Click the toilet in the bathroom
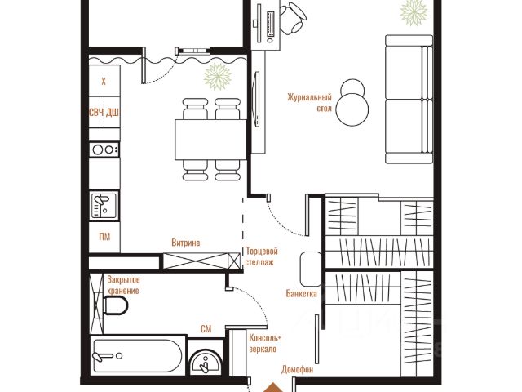tap(115, 305)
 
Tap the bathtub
tap(137, 356)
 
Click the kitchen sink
tap(104, 205)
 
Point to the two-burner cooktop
tap(104, 149)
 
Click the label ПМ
tap(104, 237)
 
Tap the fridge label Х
tap(104, 81)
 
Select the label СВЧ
tap(96, 113)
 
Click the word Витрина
tap(186, 243)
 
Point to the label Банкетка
tap(301, 294)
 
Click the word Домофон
tap(297, 369)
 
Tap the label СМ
tap(206, 329)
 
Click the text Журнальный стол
tap(310, 103)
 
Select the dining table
tap(210, 140)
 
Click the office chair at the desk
tap(293, 18)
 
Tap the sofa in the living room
tap(409, 99)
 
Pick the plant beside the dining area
tap(218, 76)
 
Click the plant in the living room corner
tap(414, 12)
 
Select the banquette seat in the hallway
tap(311, 269)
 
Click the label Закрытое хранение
tap(123, 285)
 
